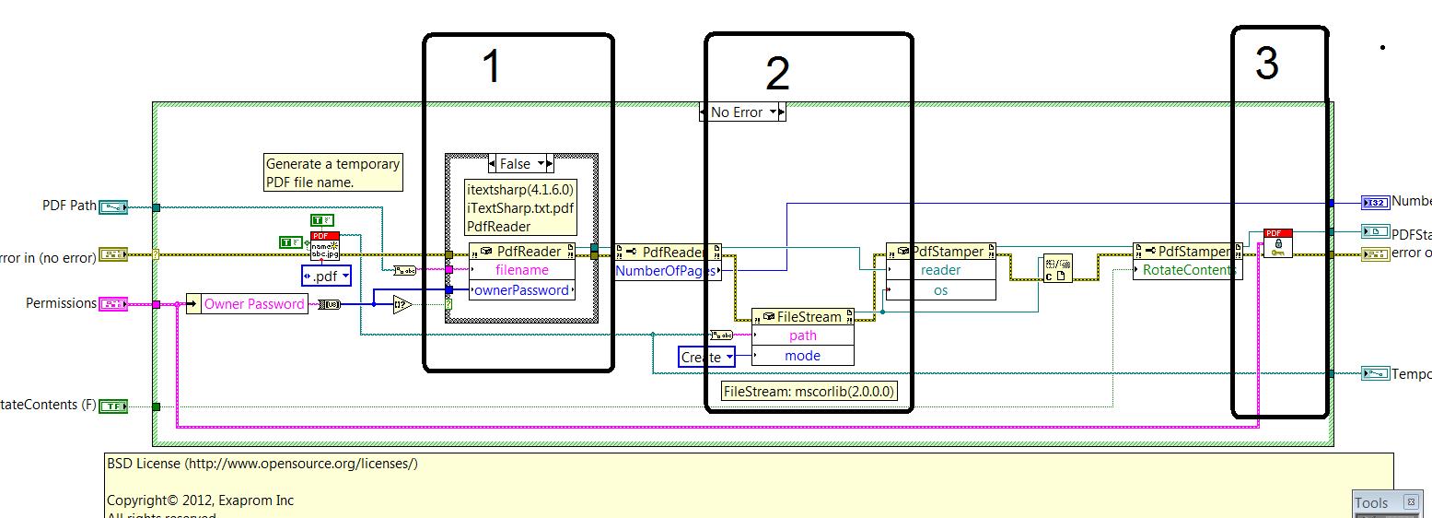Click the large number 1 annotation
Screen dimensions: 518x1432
click(x=492, y=67)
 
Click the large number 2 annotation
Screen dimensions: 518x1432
click(x=777, y=74)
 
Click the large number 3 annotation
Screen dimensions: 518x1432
click(x=1267, y=64)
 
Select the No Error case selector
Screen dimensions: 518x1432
click(x=742, y=112)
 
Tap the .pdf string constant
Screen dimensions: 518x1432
click(x=327, y=276)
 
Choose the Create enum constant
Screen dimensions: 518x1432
click(x=706, y=357)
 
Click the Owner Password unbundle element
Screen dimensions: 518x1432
click(x=253, y=304)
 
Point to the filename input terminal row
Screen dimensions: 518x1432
click(x=522, y=271)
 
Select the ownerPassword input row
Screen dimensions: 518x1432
click(x=522, y=290)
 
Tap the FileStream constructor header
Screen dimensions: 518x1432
click(x=803, y=317)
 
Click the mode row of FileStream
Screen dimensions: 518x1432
click(x=803, y=356)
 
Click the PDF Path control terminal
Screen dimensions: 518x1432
click(x=112, y=206)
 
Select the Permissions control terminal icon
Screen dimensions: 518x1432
click(x=112, y=303)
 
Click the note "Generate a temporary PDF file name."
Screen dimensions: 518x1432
click(x=332, y=172)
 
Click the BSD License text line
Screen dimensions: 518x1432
click(x=262, y=464)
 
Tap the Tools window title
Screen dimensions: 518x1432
click(x=1372, y=502)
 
